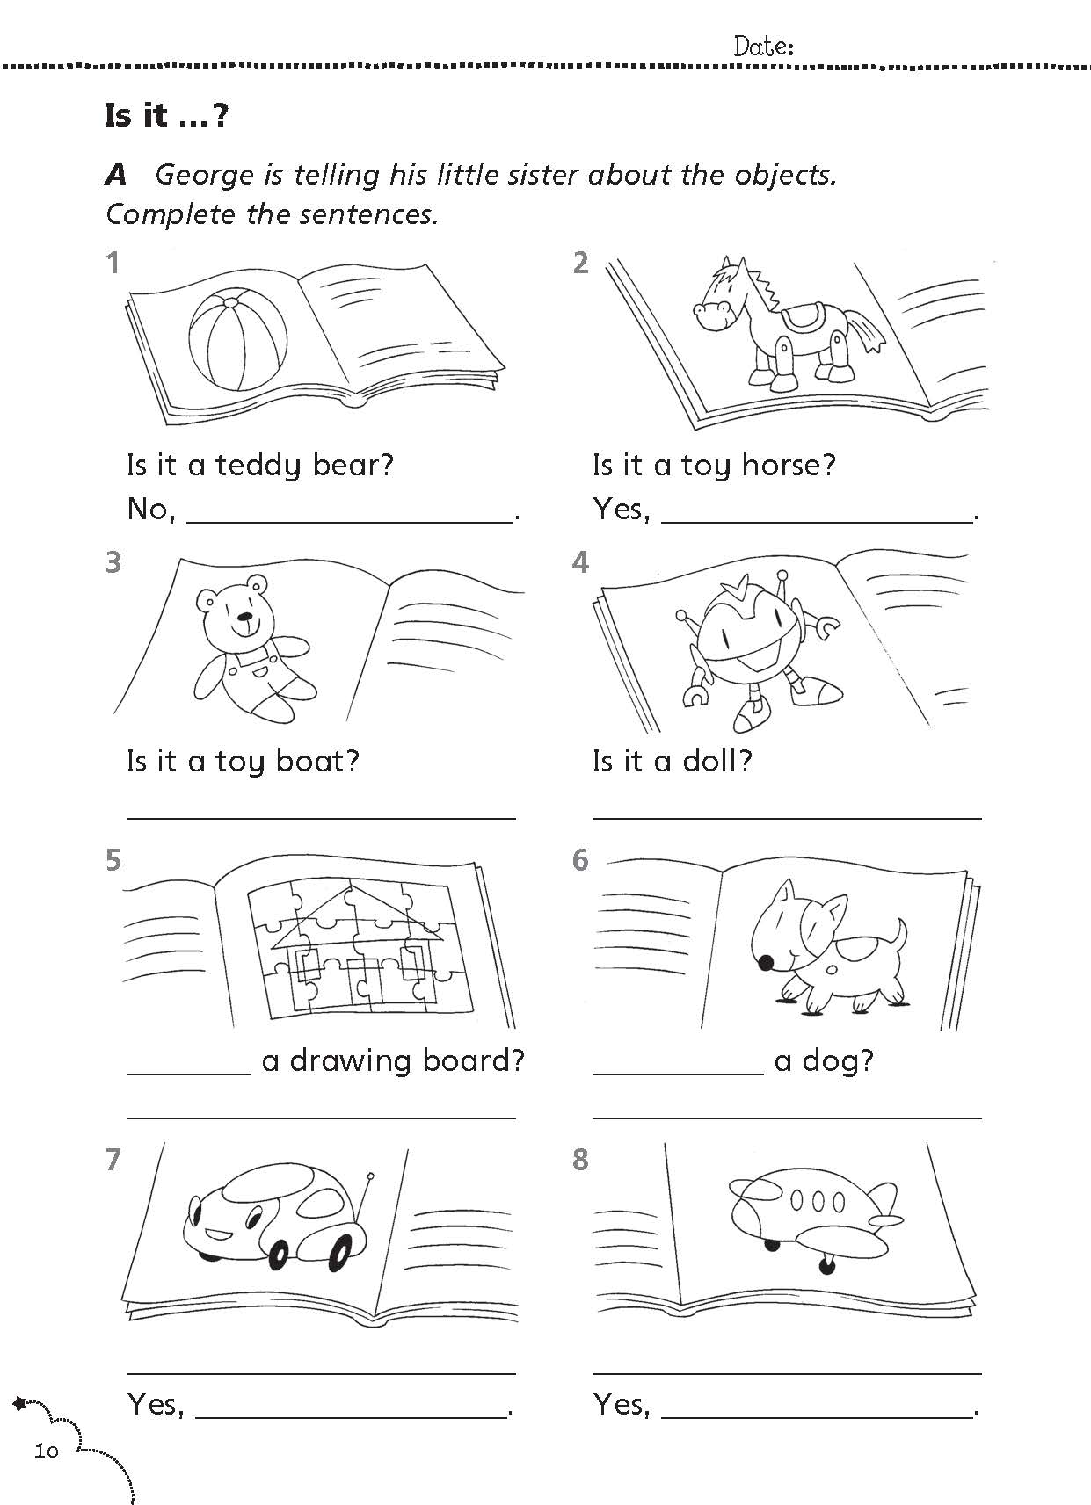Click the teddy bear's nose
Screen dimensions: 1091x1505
click(247, 616)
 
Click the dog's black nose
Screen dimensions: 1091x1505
click(766, 964)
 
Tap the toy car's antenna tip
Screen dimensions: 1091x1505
click(370, 1176)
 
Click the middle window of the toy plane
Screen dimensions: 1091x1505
click(818, 1200)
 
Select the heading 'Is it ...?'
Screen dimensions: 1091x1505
click(167, 115)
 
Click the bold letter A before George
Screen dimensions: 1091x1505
click(116, 176)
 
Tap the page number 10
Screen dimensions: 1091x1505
click(47, 1451)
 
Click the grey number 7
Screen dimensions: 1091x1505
click(113, 1159)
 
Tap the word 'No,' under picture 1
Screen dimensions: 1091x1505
click(152, 510)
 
